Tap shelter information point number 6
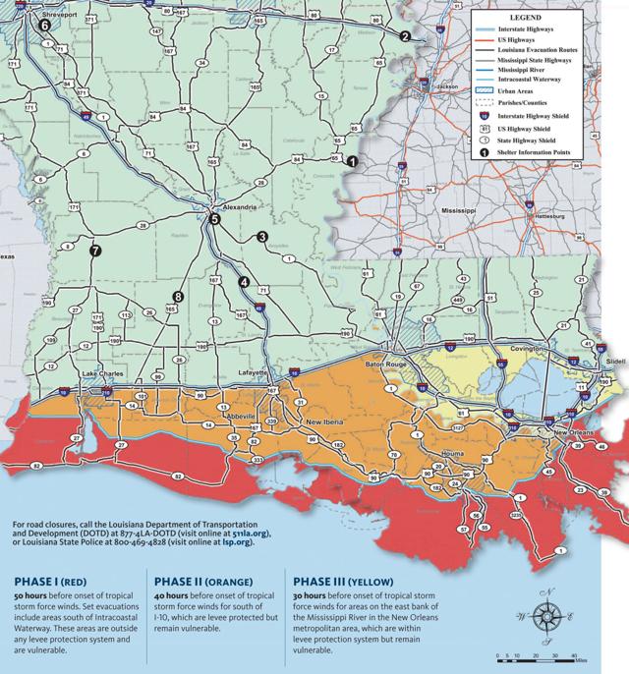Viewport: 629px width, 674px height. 43,28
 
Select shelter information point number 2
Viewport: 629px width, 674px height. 404,36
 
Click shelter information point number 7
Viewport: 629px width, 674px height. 95,252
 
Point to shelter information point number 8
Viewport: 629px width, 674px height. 178,297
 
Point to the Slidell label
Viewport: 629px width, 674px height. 615,362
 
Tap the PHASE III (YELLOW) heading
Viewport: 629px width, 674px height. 348,579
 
